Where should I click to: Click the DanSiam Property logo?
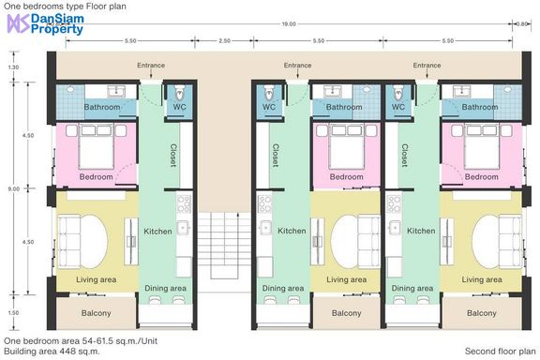coord(45,23)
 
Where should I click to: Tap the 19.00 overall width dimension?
coord(289,24)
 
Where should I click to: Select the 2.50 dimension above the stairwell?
coord(224,40)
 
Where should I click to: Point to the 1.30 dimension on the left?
coord(13,67)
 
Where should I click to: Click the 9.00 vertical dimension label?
coord(13,188)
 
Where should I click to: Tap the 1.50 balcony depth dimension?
coord(13,313)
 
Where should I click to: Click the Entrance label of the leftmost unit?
coord(151,65)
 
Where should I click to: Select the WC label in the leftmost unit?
coord(179,107)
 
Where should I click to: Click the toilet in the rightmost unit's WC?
coord(398,92)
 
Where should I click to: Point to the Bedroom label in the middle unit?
coord(347,177)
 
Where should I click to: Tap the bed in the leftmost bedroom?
coord(97,146)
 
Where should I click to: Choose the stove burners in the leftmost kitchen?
coord(184,203)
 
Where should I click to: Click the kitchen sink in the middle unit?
coord(265,228)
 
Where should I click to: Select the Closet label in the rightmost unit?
coord(405,156)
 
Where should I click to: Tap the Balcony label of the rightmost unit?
coord(482,313)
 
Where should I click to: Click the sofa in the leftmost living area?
coord(68,242)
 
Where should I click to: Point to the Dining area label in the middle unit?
coord(283,288)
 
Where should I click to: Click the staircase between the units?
coord(224,246)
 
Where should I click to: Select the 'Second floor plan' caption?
coord(500,351)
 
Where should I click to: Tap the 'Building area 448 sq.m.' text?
coord(52,352)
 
